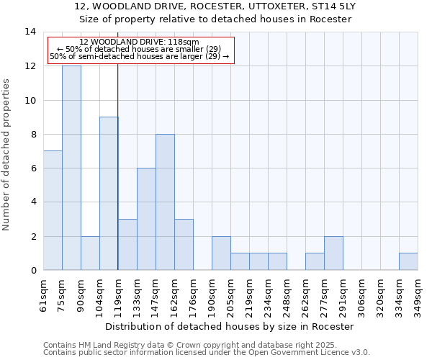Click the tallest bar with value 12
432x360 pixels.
[x=71, y=168]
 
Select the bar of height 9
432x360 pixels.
[x=109, y=193]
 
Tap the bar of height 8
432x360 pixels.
[x=165, y=202]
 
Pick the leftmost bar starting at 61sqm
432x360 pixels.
[x=53, y=210]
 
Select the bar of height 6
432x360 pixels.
[x=146, y=219]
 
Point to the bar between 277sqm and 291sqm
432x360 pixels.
[x=333, y=253]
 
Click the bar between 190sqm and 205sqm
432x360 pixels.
[x=221, y=253]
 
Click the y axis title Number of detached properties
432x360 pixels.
[x=6, y=154]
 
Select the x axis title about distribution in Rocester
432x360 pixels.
[x=230, y=326]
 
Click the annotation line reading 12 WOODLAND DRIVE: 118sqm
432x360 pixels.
[x=139, y=42]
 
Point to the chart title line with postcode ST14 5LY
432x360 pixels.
[x=215, y=6]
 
